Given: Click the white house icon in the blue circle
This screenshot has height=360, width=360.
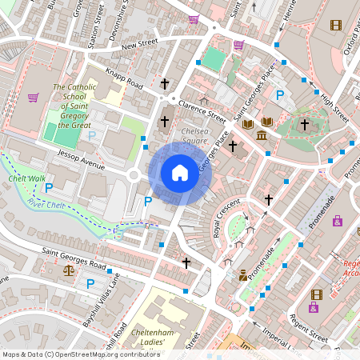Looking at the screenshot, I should [x=180, y=173].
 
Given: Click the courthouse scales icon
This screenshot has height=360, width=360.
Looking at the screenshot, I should [x=67, y=270].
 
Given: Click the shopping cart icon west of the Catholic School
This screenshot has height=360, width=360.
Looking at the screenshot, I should [x=33, y=98].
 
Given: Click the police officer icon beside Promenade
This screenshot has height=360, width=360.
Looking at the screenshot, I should [x=242, y=275].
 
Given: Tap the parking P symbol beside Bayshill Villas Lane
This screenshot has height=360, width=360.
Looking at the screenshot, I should [x=90, y=283].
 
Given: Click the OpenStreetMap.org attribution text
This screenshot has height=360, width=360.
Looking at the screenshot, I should [x=116, y=354].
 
